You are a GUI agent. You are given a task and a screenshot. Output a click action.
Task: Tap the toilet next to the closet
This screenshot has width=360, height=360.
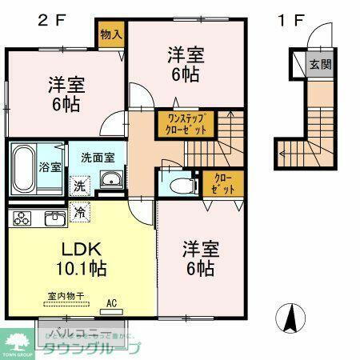click(x=182, y=184)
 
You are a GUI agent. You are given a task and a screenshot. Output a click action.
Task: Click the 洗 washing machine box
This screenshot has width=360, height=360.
click(x=80, y=185)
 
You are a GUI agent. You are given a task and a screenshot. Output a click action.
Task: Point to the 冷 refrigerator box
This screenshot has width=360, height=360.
click(x=80, y=212)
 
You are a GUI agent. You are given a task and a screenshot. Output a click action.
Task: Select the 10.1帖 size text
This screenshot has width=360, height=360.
click(x=82, y=268)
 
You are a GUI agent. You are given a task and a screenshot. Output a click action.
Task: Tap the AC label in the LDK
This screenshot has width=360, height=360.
click(x=112, y=303)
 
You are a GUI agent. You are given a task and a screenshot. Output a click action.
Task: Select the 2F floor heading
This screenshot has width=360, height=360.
click(x=50, y=19)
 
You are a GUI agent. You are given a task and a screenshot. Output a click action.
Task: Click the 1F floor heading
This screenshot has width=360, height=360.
click(x=290, y=19)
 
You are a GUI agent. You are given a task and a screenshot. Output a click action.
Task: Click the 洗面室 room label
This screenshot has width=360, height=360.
click(x=102, y=158)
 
